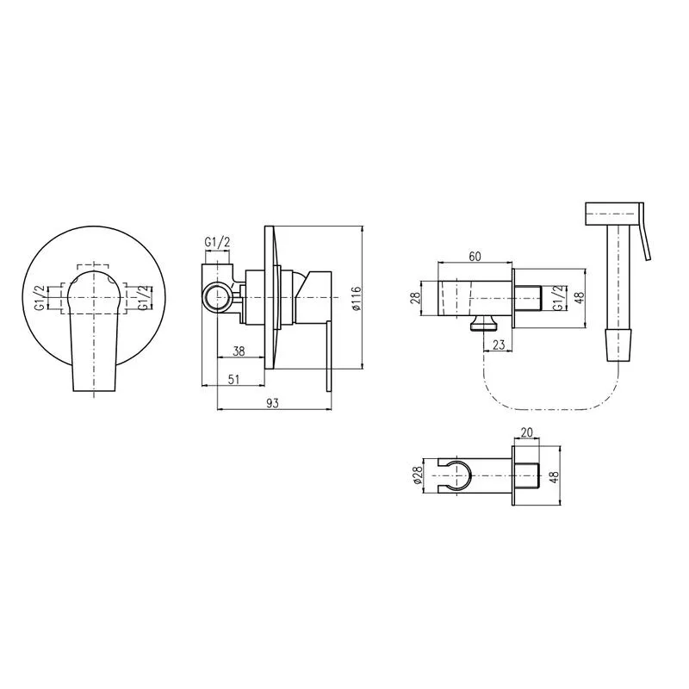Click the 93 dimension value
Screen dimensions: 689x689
coord(272,403)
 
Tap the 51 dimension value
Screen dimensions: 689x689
coord(234,379)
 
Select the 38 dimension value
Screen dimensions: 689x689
coord(239,351)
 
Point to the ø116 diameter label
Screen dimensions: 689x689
coord(356,299)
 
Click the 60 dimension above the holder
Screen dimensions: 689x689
coord(475,256)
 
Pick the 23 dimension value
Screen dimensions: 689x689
coord(499,344)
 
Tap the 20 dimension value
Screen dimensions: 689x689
coord(526,432)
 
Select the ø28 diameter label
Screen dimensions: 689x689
coord(418,475)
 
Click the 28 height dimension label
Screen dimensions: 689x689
coord(416,299)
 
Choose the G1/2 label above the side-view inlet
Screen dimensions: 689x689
coord(217,242)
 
